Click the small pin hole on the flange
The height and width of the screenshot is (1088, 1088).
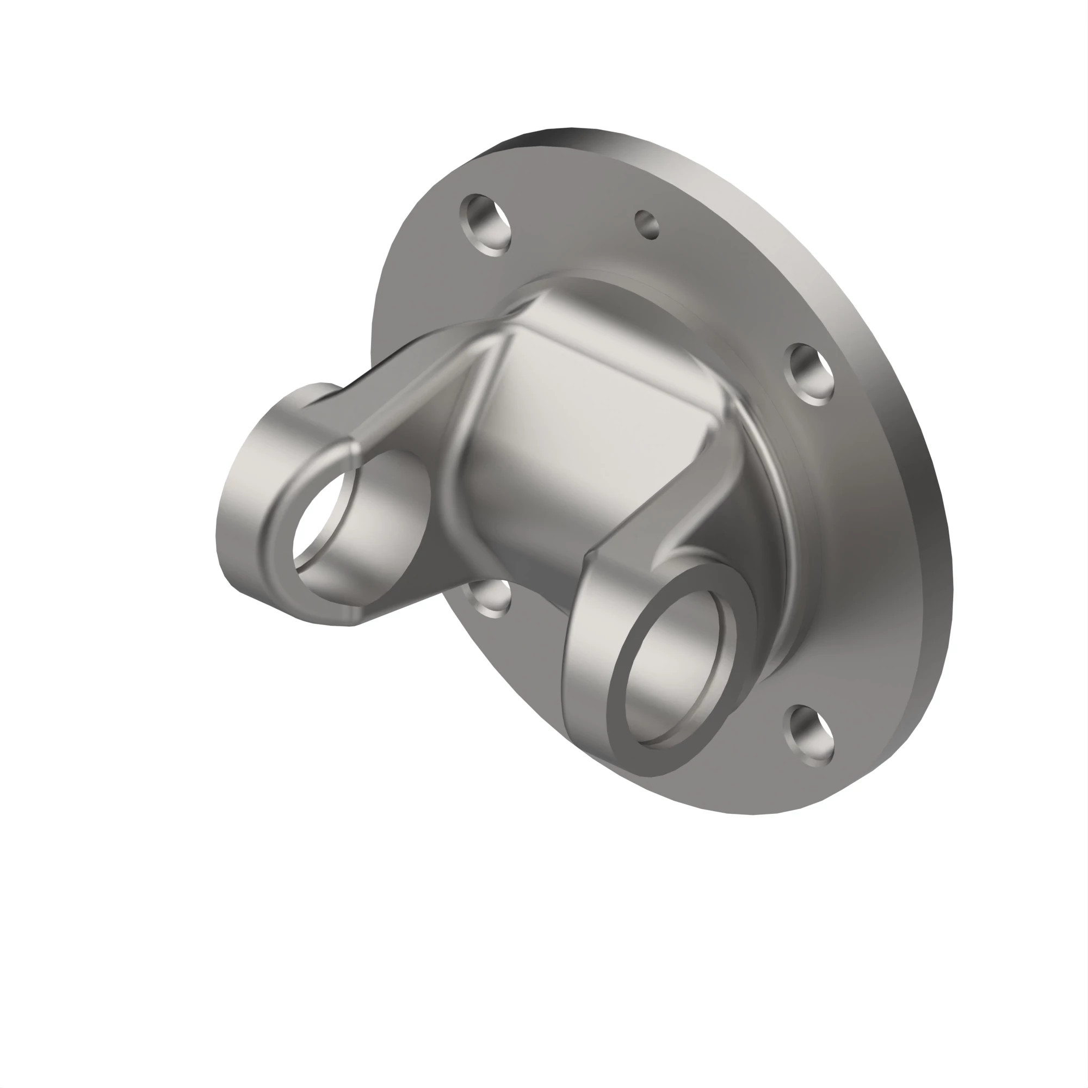[x=647, y=225]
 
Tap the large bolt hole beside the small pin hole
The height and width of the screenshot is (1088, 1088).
[x=485, y=225]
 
